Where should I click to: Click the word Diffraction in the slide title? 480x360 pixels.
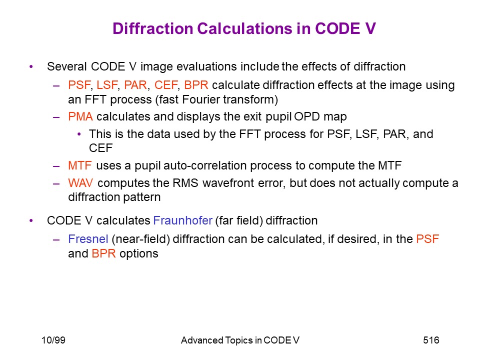tap(152, 28)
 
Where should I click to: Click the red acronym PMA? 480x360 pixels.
tap(80, 116)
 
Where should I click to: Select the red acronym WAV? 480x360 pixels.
tap(80, 183)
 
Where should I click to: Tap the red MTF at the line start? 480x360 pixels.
tap(80, 165)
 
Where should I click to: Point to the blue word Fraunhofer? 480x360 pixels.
tap(183, 220)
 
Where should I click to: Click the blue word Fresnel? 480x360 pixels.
tap(88, 239)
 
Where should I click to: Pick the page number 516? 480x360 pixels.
tap(431, 340)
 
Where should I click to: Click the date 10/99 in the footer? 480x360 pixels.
tap(53, 340)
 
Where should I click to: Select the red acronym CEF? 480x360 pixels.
tap(166, 85)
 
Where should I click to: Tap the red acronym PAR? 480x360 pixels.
tap(135, 85)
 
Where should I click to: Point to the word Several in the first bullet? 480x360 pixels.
tap(66, 66)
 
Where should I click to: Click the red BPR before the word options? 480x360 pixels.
tap(104, 253)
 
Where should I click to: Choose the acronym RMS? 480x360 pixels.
tap(185, 183)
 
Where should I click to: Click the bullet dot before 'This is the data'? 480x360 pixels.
tap(79, 134)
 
